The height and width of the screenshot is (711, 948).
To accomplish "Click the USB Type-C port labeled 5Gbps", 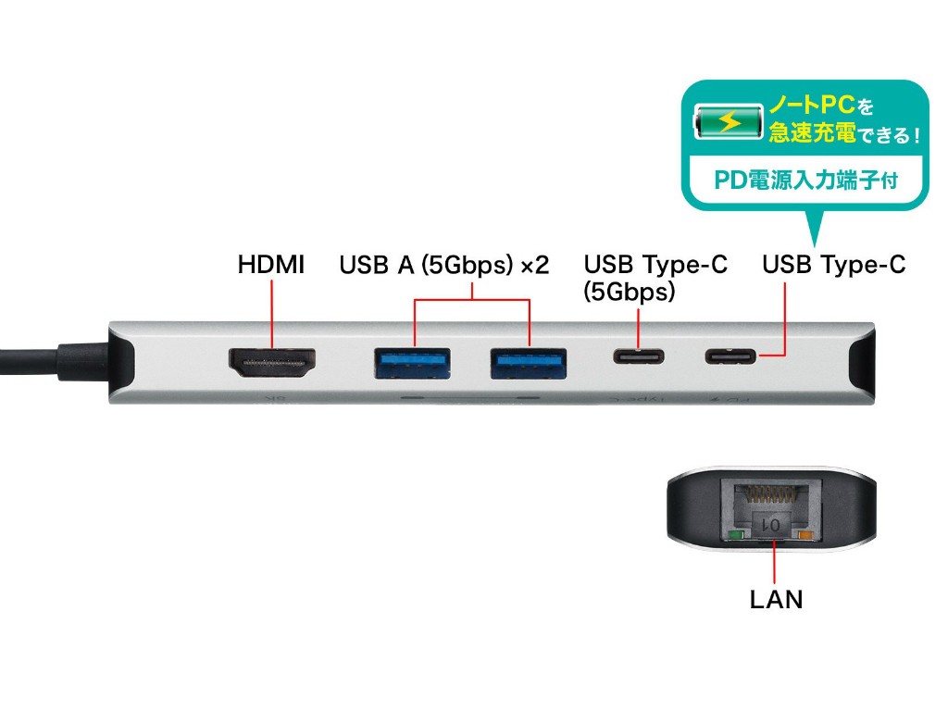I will pos(639,356).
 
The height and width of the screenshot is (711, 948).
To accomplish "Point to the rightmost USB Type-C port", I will pos(731,355).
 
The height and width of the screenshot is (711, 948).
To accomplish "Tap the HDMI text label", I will pos(270,266).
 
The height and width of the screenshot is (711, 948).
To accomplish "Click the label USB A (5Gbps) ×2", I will pos(444,267).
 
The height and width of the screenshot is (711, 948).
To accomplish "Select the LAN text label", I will pos(776,600).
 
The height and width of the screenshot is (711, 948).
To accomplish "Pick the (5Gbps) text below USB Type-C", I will pos(629,293).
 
